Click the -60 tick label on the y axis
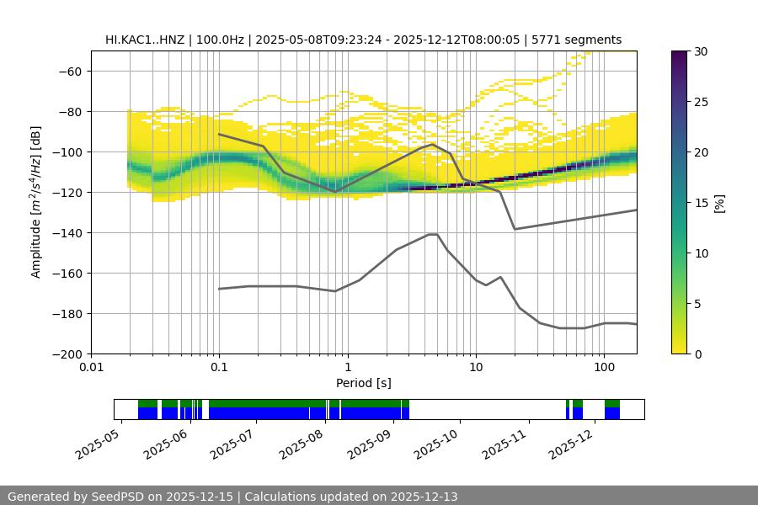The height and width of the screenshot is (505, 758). (69, 71)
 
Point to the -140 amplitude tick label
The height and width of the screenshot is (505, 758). (66, 232)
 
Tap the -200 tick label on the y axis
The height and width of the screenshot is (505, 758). (66, 353)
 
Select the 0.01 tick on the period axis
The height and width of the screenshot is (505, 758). (91, 368)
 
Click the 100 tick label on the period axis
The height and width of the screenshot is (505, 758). (603, 368)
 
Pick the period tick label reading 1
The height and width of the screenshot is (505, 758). (347, 368)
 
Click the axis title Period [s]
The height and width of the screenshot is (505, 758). (363, 383)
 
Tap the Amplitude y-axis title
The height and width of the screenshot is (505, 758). (35, 202)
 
